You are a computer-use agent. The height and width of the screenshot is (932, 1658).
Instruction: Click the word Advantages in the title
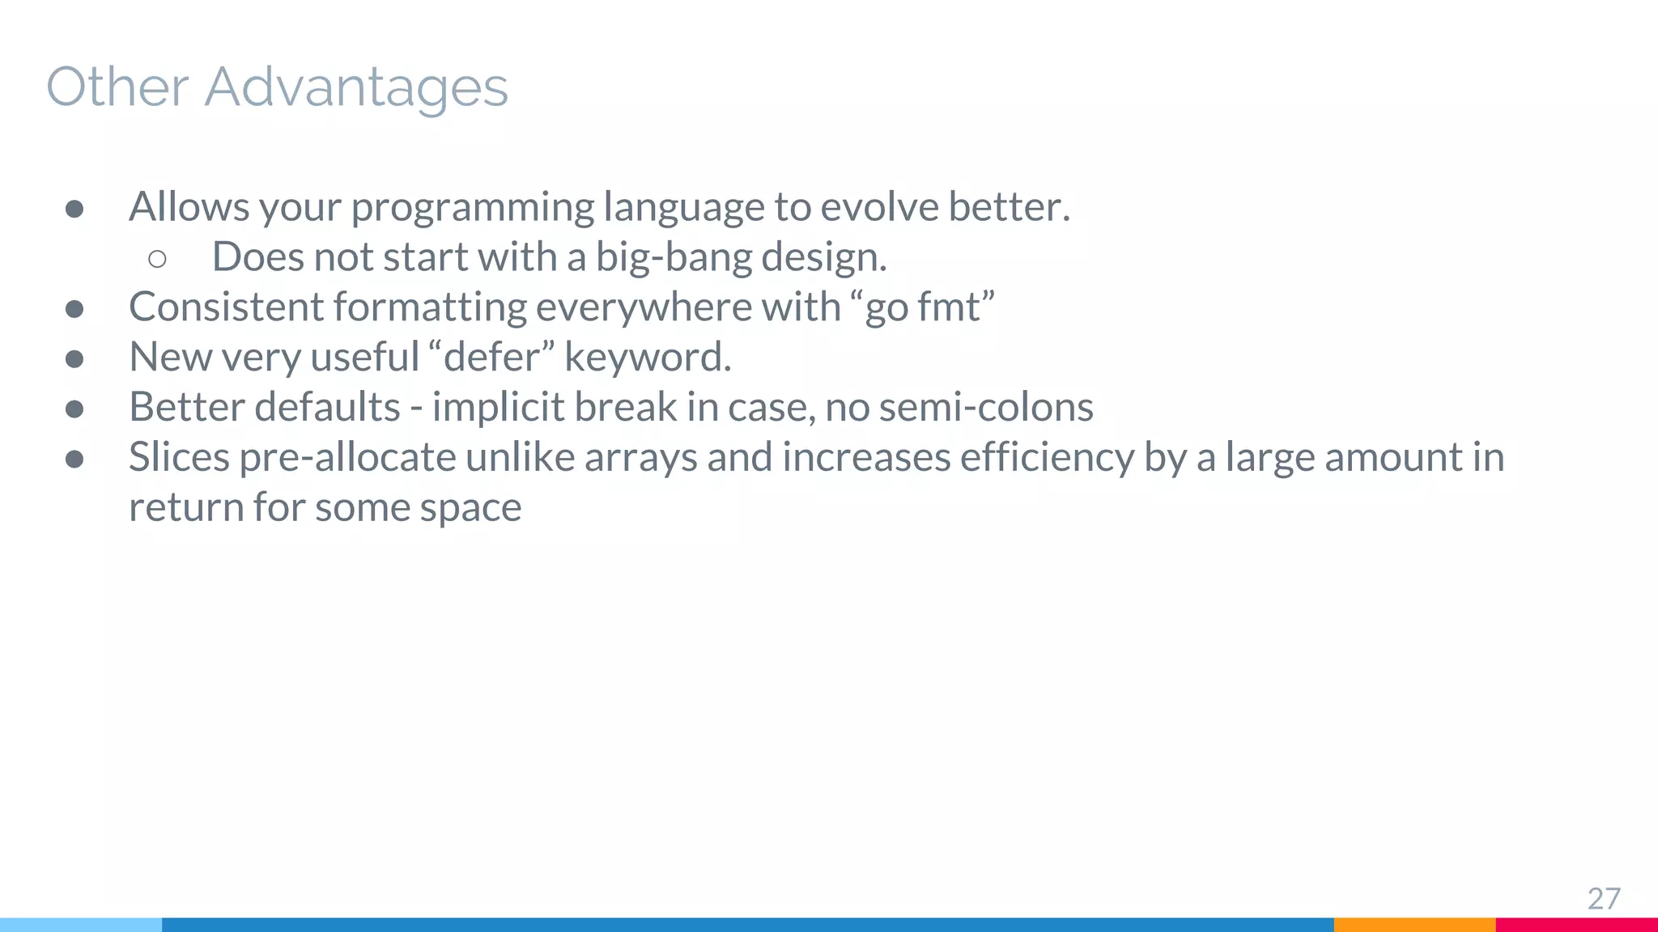(356, 87)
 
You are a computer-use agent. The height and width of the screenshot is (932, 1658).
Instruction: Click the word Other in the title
(117, 87)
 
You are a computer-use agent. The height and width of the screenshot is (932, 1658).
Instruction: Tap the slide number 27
(1603, 899)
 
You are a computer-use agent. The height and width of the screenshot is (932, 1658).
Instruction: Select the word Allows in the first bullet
(189, 207)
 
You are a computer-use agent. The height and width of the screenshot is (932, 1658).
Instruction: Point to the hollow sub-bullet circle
(158, 259)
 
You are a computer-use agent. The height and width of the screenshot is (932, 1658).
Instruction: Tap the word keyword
(648, 358)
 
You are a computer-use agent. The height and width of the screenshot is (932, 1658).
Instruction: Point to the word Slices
(180, 457)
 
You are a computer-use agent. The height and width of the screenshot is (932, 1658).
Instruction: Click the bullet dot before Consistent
(74, 309)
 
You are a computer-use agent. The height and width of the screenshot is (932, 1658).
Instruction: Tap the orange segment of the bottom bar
(1414, 925)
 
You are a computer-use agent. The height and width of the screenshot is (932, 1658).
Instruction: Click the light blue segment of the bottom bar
(81, 925)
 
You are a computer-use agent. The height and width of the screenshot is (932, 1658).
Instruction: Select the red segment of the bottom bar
(1576, 925)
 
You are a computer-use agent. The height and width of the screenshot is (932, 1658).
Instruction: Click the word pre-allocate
(347, 459)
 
